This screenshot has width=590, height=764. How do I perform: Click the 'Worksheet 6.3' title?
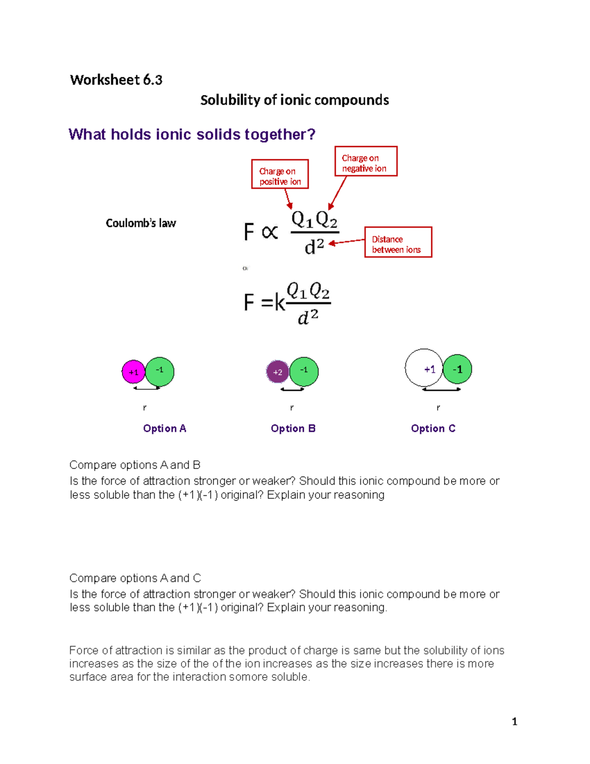pos(116,80)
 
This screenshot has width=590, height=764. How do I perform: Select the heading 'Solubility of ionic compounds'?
pos(295,100)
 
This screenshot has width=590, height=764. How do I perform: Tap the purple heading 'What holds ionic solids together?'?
pos(192,134)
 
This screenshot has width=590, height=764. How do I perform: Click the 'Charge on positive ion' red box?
pos(280,174)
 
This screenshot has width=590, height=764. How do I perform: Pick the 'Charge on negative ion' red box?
pos(365,161)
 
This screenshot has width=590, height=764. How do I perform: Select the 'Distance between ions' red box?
pos(398,242)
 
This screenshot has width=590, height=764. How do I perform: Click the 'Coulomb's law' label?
pos(141,223)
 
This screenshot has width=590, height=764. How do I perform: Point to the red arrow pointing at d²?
pos(347,242)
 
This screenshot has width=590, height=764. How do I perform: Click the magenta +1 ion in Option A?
pos(133,372)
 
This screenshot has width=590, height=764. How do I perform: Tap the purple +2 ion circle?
pos(277,372)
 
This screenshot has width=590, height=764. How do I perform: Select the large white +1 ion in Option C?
pos(424,368)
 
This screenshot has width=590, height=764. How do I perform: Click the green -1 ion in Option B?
pos(304,371)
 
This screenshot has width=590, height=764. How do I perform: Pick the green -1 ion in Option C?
pos(458,369)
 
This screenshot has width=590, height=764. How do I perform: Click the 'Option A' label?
pos(164,428)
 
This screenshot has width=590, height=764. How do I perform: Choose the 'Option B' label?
pos(293,428)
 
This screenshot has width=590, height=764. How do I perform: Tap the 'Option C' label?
pos(433,428)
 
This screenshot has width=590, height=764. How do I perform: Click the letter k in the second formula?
pos(280,303)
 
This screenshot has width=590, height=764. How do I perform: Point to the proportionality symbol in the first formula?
pos(270,232)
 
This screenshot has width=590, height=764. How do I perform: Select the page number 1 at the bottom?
pos(514,722)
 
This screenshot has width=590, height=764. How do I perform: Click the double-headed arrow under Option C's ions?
pos(442,390)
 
